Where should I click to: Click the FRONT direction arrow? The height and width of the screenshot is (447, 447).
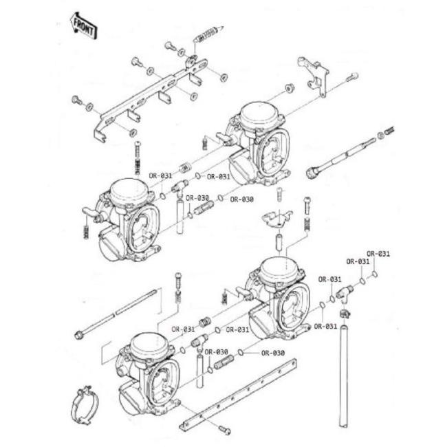(x=83, y=25)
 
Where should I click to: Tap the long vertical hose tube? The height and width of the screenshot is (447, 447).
(x=344, y=376)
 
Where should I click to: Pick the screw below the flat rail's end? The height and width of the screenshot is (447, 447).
(x=224, y=430)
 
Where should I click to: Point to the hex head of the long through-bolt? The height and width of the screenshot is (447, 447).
(x=78, y=335)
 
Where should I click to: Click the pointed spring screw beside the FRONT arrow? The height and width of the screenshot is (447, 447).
(x=208, y=34)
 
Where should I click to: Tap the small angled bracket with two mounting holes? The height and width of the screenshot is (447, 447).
(x=313, y=75)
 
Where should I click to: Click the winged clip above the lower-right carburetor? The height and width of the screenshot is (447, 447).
(x=276, y=219)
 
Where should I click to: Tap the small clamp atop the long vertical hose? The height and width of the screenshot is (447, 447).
(x=345, y=314)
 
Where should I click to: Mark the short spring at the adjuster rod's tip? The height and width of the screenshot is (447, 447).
(x=390, y=131)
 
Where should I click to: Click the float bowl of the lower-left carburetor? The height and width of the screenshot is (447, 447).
(x=132, y=399)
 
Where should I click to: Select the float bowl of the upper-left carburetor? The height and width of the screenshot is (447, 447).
(x=111, y=246)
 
